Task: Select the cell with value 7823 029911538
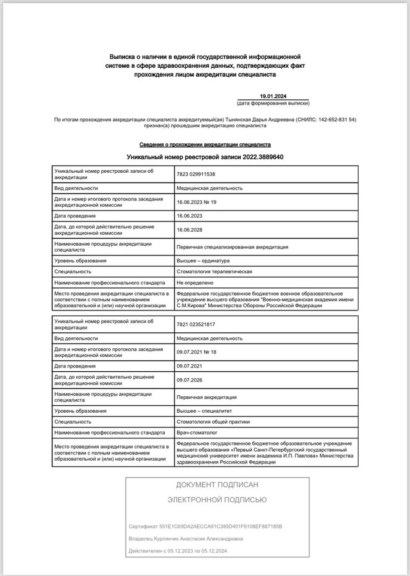[x=196, y=174]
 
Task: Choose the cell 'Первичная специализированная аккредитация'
[x=232, y=246]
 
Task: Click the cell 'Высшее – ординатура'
[x=205, y=261]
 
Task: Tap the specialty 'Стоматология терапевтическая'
[x=214, y=271]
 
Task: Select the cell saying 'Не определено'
[x=195, y=282]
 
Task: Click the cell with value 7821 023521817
[x=196, y=324]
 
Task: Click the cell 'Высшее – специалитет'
[x=206, y=411]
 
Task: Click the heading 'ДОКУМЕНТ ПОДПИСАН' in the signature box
[x=217, y=486]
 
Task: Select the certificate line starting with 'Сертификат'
[x=205, y=526]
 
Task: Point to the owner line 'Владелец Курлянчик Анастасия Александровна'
[x=186, y=539]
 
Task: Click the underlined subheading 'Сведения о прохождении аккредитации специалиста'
[x=205, y=145]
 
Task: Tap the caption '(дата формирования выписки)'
[x=273, y=103]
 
